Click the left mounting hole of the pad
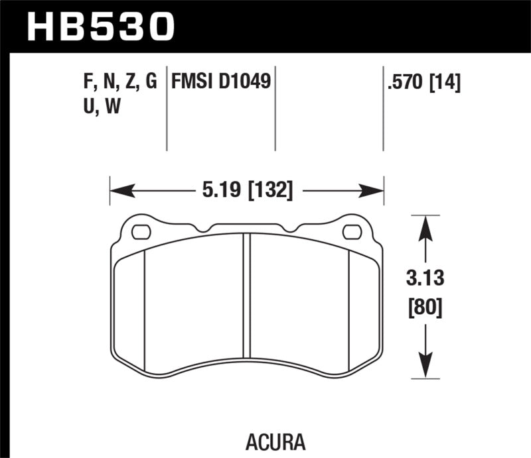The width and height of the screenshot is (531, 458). [x=141, y=232]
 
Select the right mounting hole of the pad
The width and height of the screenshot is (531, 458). [x=352, y=232]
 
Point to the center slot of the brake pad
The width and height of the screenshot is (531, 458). [x=247, y=295]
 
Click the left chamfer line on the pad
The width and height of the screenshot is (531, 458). [x=144, y=305]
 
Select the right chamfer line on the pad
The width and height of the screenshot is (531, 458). [x=350, y=305]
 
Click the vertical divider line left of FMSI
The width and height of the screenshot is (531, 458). [x=166, y=109]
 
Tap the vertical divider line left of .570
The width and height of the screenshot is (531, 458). [x=383, y=109]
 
